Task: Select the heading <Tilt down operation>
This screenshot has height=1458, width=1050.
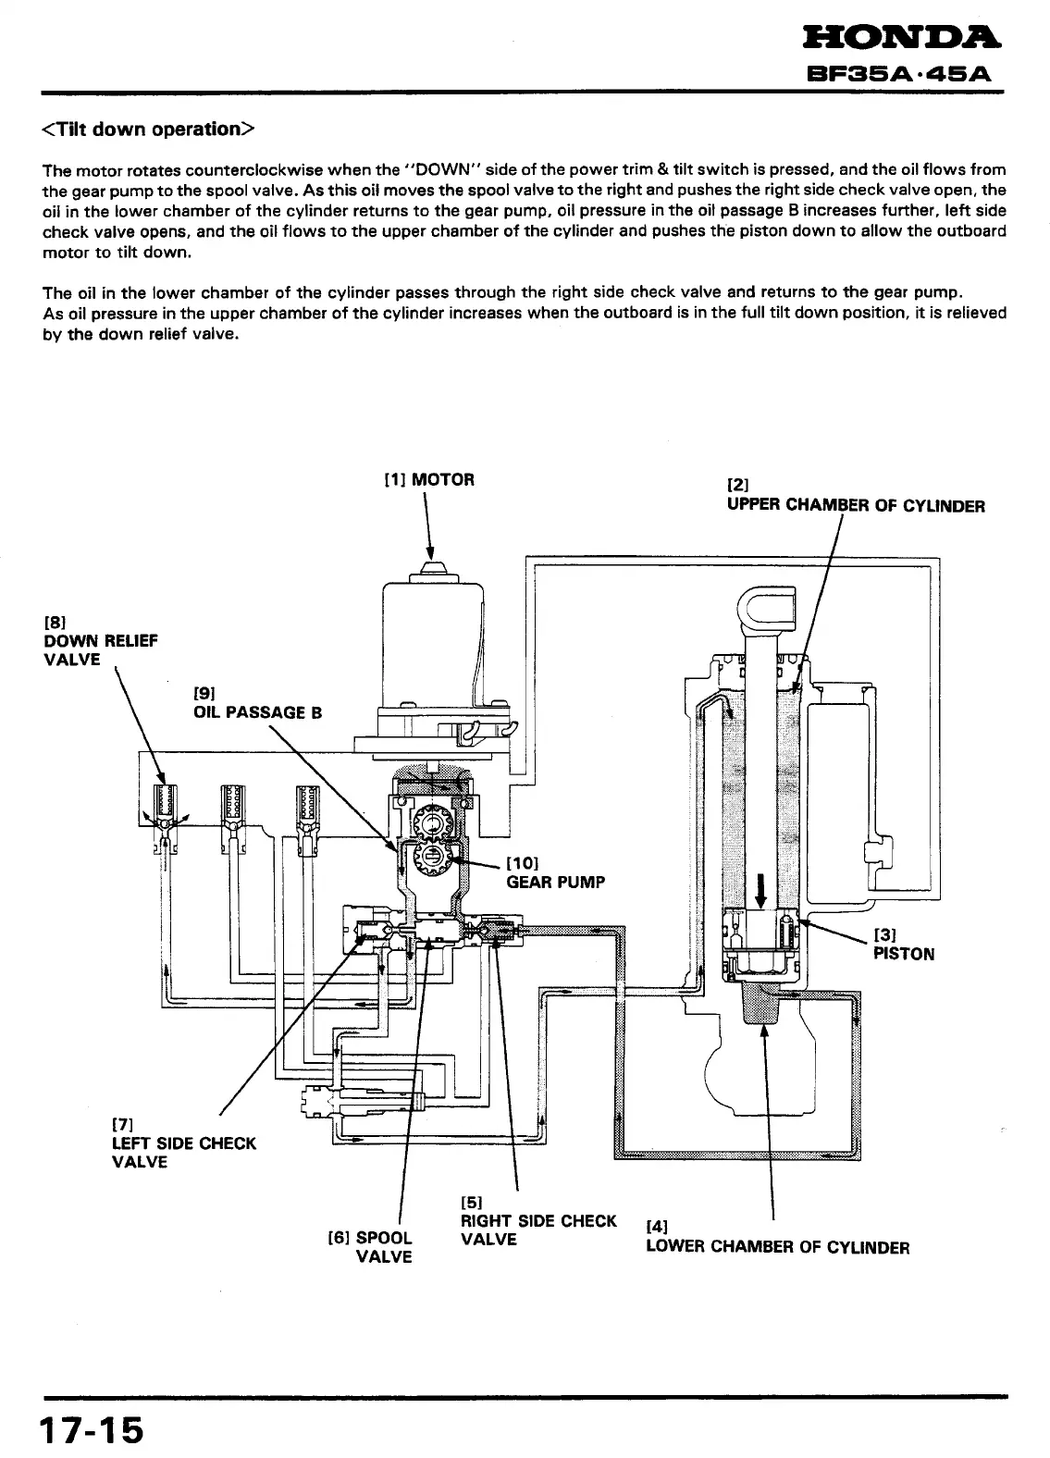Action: click(x=147, y=129)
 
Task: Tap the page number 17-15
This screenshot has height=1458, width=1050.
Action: click(x=92, y=1430)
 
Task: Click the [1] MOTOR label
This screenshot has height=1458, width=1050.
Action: click(x=429, y=479)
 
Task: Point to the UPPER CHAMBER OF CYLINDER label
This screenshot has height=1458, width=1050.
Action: click(x=856, y=505)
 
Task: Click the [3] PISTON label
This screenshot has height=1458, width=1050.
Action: click(x=904, y=945)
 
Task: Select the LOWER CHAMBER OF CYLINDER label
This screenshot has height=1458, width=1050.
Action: click(x=777, y=1247)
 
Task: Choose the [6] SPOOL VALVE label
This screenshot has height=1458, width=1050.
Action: click(x=372, y=1246)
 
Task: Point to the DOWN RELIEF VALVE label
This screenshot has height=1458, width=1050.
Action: click(x=100, y=640)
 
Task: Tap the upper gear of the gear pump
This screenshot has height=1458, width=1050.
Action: click(x=430, y=821)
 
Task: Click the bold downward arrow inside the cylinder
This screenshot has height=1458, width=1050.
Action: click(x=760, y=888)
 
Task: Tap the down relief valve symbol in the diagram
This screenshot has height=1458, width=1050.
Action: click(x=163, y=807)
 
